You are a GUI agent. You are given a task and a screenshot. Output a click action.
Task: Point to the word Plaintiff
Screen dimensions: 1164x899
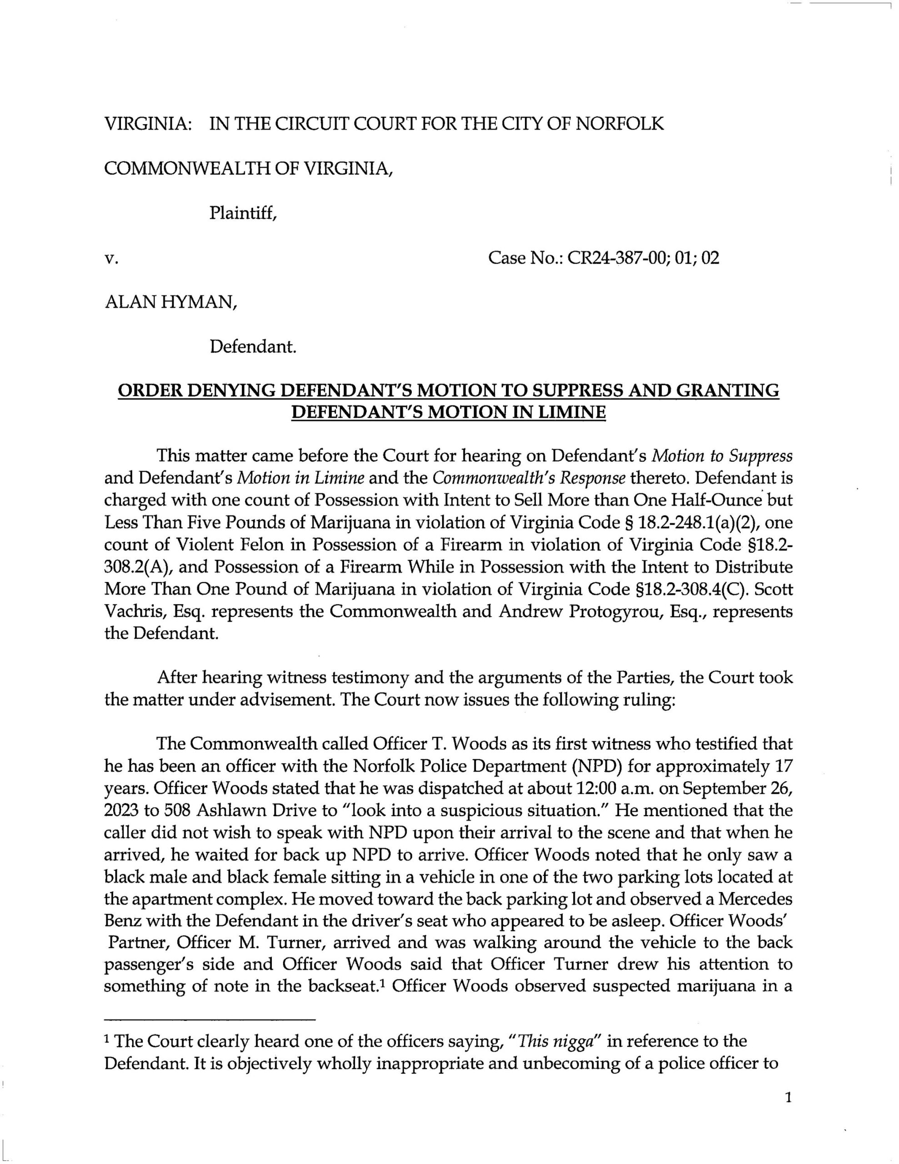243,213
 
